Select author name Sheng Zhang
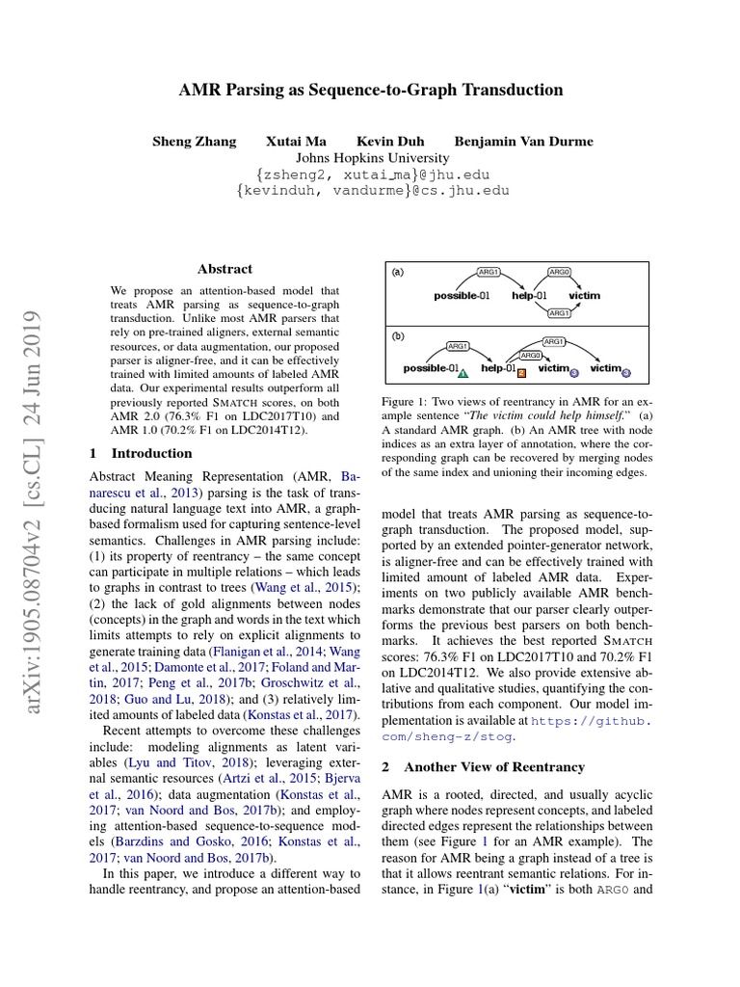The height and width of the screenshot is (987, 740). [x=194, y=142]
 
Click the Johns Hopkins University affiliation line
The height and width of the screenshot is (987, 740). [x=372, y=158]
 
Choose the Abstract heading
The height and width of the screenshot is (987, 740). [x=225, y=269]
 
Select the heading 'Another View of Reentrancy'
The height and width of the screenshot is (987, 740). [x=494, y=767]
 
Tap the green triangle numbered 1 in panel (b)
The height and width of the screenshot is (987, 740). [x=463, y=371]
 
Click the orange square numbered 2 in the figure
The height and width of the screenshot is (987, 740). [x=521, y=371]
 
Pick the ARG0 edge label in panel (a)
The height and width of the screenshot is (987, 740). [x=559, y=273]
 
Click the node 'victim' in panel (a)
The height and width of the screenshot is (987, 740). [x=584, y=295]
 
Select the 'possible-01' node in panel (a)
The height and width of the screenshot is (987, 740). [x=462, y=295]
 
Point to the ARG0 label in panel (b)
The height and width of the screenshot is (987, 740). [x=530, y=355]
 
